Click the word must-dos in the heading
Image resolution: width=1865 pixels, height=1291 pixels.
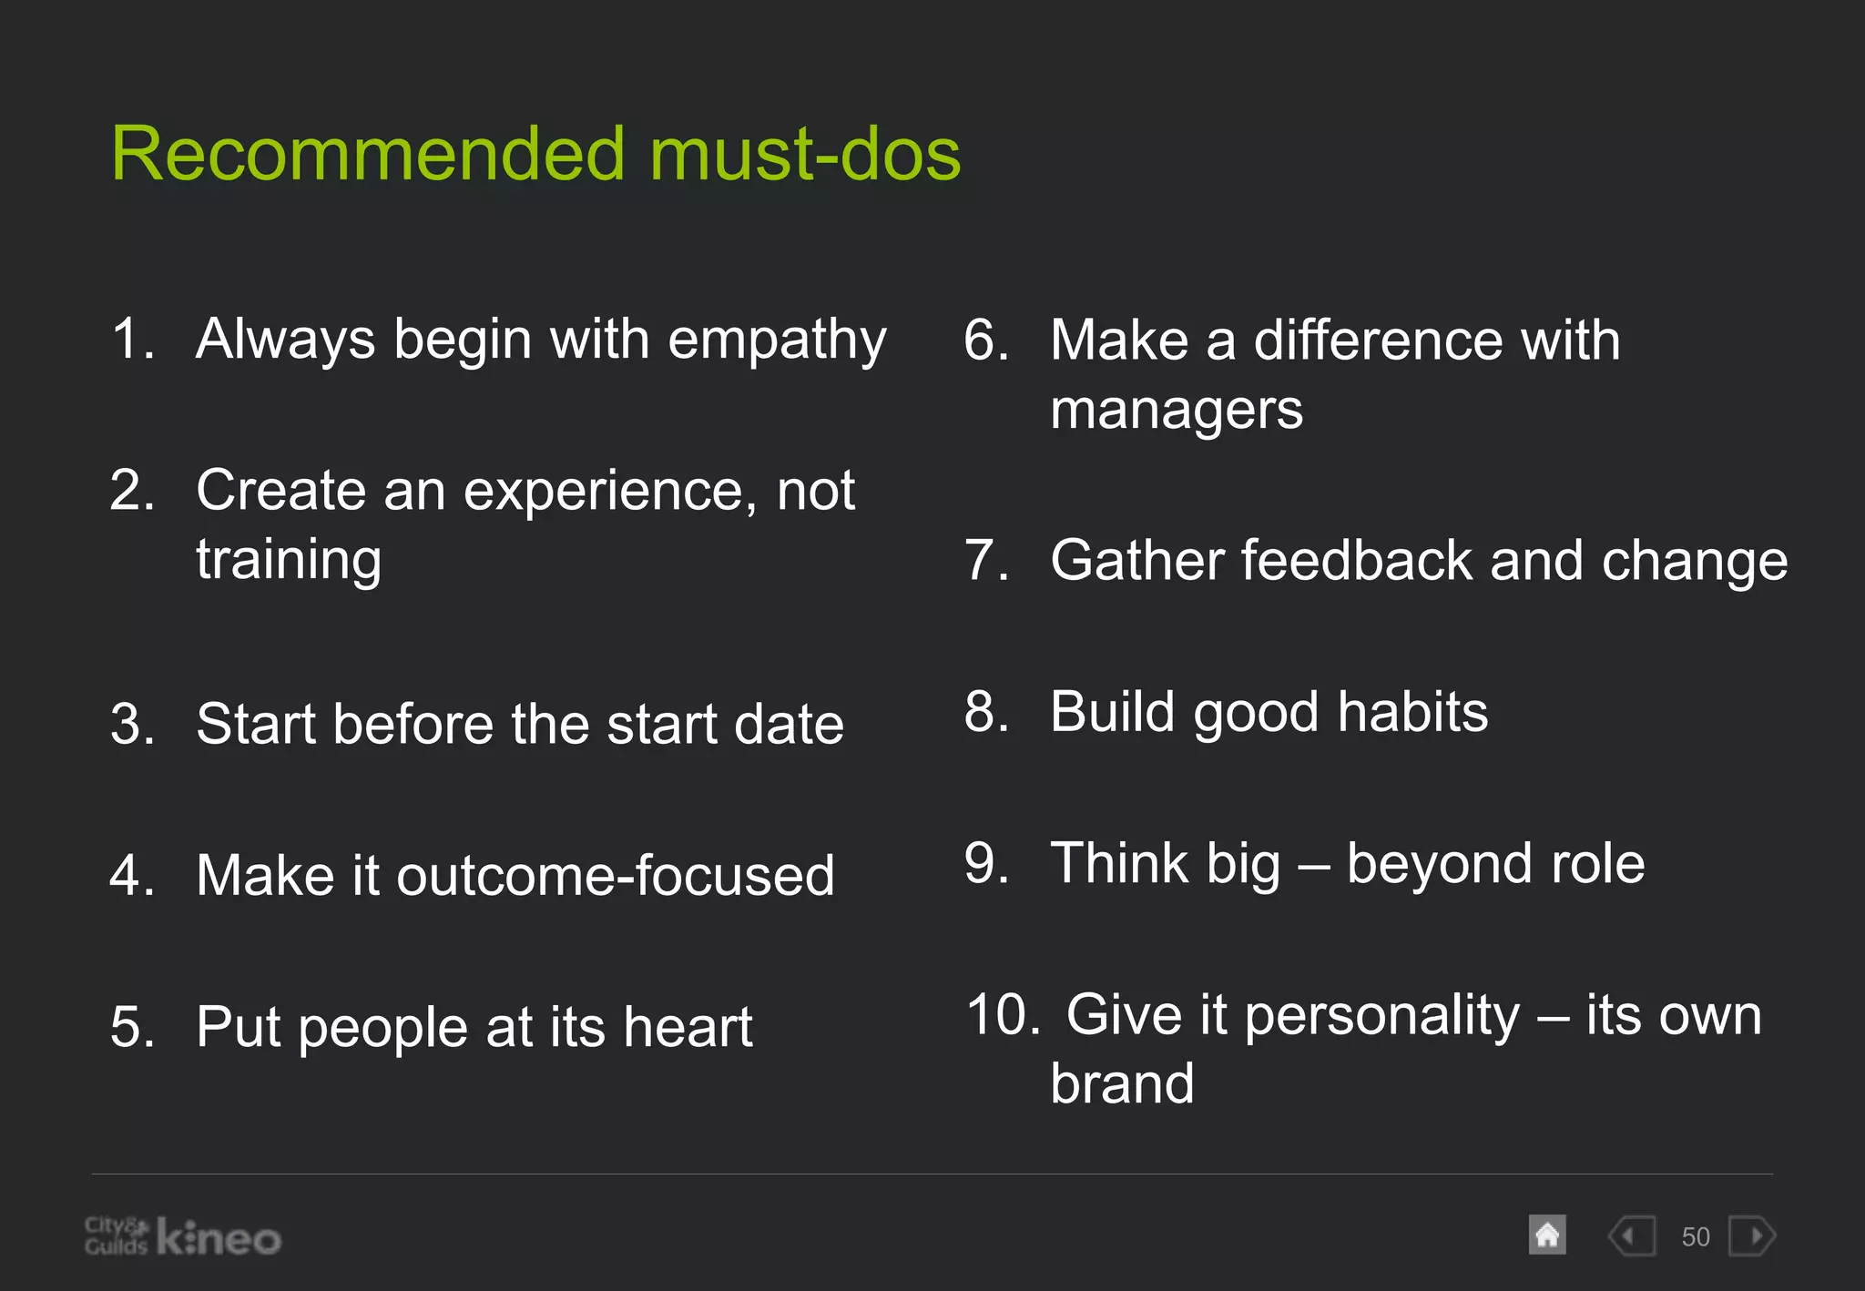point(805,155)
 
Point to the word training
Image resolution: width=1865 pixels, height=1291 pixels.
point(289,561)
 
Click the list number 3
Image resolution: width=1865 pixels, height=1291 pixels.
point(132,725)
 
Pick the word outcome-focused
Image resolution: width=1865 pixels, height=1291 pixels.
point(615,876)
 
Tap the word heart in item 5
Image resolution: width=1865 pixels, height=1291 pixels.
point(688,1028)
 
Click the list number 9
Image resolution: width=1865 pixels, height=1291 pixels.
point(985,863)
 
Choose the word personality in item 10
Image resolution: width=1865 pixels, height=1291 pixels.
point(1381,1015)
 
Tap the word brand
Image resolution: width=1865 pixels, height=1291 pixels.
point(1121,1084)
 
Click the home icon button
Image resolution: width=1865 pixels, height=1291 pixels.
point(1547,1235)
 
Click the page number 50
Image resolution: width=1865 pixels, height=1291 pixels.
point(1695,1237)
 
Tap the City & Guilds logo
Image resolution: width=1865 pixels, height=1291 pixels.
point(116,1235)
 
